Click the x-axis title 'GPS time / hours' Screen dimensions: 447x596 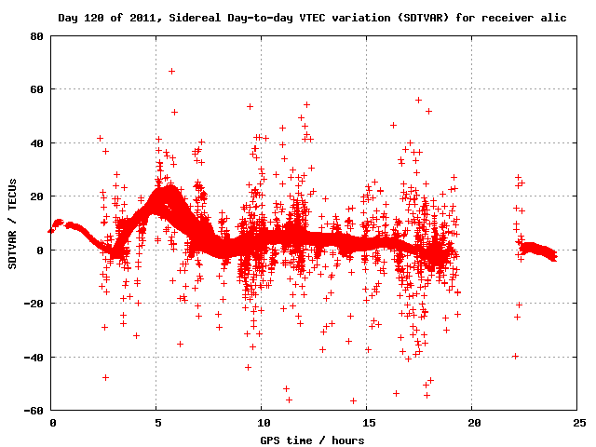312,440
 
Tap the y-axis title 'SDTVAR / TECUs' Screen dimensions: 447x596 13,223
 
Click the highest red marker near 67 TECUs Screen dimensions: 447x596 171,71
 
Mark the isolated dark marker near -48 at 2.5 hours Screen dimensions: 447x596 105,377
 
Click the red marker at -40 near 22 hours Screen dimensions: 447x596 515,356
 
